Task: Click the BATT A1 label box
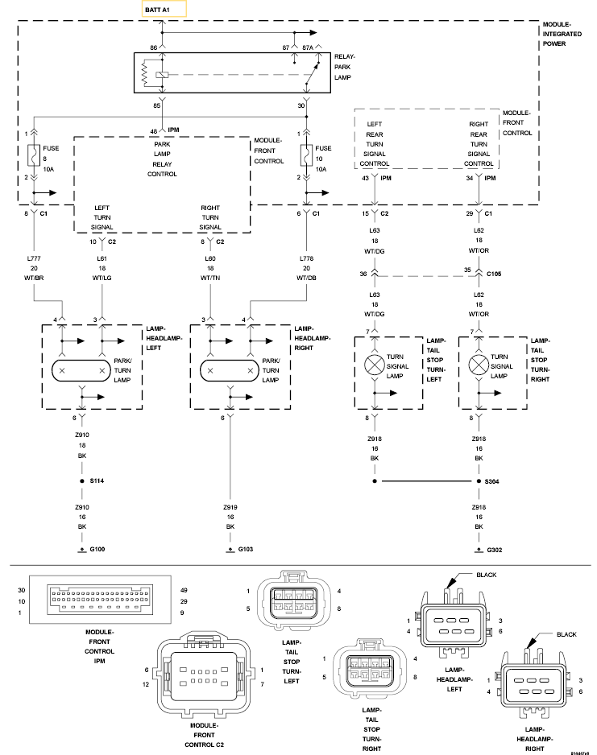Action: coord(164,9)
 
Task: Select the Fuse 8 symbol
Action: coord(34,155)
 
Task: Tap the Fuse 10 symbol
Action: coord(306,155)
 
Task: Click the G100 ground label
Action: coord(97,550)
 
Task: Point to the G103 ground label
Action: coord(245,550)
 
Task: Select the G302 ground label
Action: coord(495,550)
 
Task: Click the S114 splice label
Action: coord(97,481)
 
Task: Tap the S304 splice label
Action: coord(492,481)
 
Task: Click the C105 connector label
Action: coord(494,274)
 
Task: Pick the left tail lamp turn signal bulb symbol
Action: coord(375,365)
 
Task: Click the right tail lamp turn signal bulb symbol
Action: coord(479,365)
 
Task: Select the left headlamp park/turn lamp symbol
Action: coord(81,371)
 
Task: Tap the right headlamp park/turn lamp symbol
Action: coord(230,371)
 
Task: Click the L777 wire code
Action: coord(34,258)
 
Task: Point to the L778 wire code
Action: coord(306,258)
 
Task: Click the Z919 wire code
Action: coord(230,508)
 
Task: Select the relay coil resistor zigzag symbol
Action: coord(143,74)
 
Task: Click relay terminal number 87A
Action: coord(308,47)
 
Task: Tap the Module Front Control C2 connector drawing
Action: coord(205,675)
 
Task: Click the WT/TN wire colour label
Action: coord(210,278)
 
